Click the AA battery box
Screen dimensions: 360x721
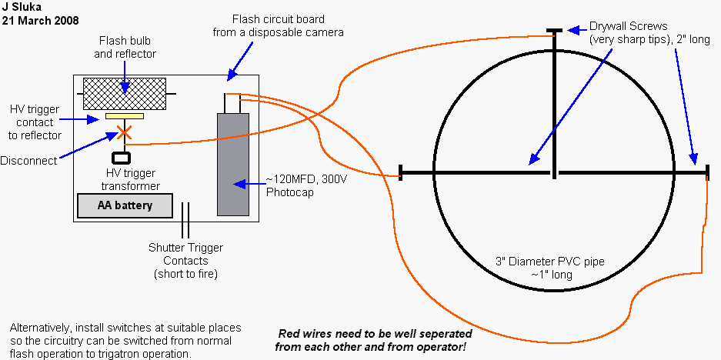pyautogui.click(x=125, y=205)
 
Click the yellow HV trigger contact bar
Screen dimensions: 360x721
pyautogui.click(x=125, y=117)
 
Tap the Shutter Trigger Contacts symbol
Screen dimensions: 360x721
pyautogui.click(x=185, y=221)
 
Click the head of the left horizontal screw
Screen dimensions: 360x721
pyautogui.click(x=402, y=172)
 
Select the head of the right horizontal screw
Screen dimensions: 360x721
pyautogui.click(x=706, y=172)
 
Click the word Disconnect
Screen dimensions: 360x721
pyautogui.click(x=28, y=161)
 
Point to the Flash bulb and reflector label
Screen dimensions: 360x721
pyautogui.click(x=127, y=46)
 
